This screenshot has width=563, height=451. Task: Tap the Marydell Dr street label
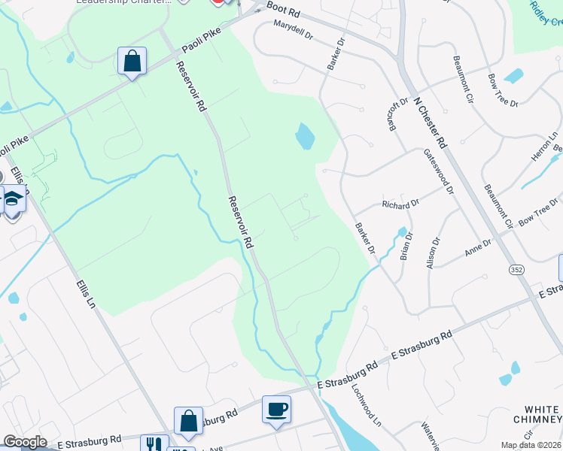click(x=293, y=29)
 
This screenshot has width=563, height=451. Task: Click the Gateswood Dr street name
click(x=439, y=170)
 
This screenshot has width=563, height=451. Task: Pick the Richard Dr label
click(x=400, y=204)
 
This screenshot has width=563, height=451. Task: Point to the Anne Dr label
click(x=477, y=246)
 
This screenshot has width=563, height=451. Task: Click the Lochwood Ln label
click(x=367, y=406)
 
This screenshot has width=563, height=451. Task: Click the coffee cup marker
click(x=276, y=410)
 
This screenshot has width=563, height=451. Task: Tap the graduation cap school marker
click(x=13, y=200)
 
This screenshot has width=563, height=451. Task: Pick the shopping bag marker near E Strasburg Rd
click(x=188, y=422)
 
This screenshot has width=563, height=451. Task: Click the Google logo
click(x=26, y=442)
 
